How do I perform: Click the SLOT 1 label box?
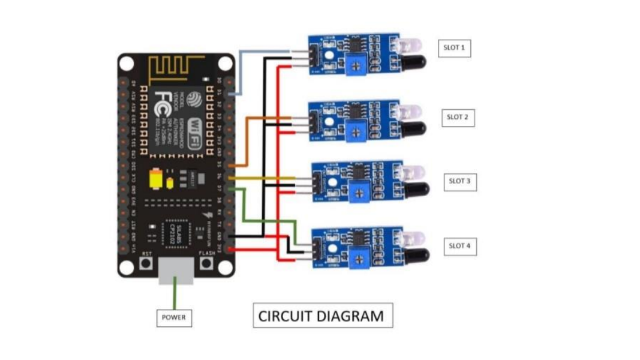[x=454, y=47]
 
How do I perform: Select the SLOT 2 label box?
[x=457, y=117]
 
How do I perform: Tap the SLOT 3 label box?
[x=459, y=181]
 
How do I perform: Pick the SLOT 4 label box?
[x=459, y=245]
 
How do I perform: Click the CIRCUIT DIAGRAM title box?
[x=323, y=316]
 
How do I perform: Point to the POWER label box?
[x=174, y=317]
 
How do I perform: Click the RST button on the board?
[x=146, y=262]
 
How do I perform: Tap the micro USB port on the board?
[x=176, y=271]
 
